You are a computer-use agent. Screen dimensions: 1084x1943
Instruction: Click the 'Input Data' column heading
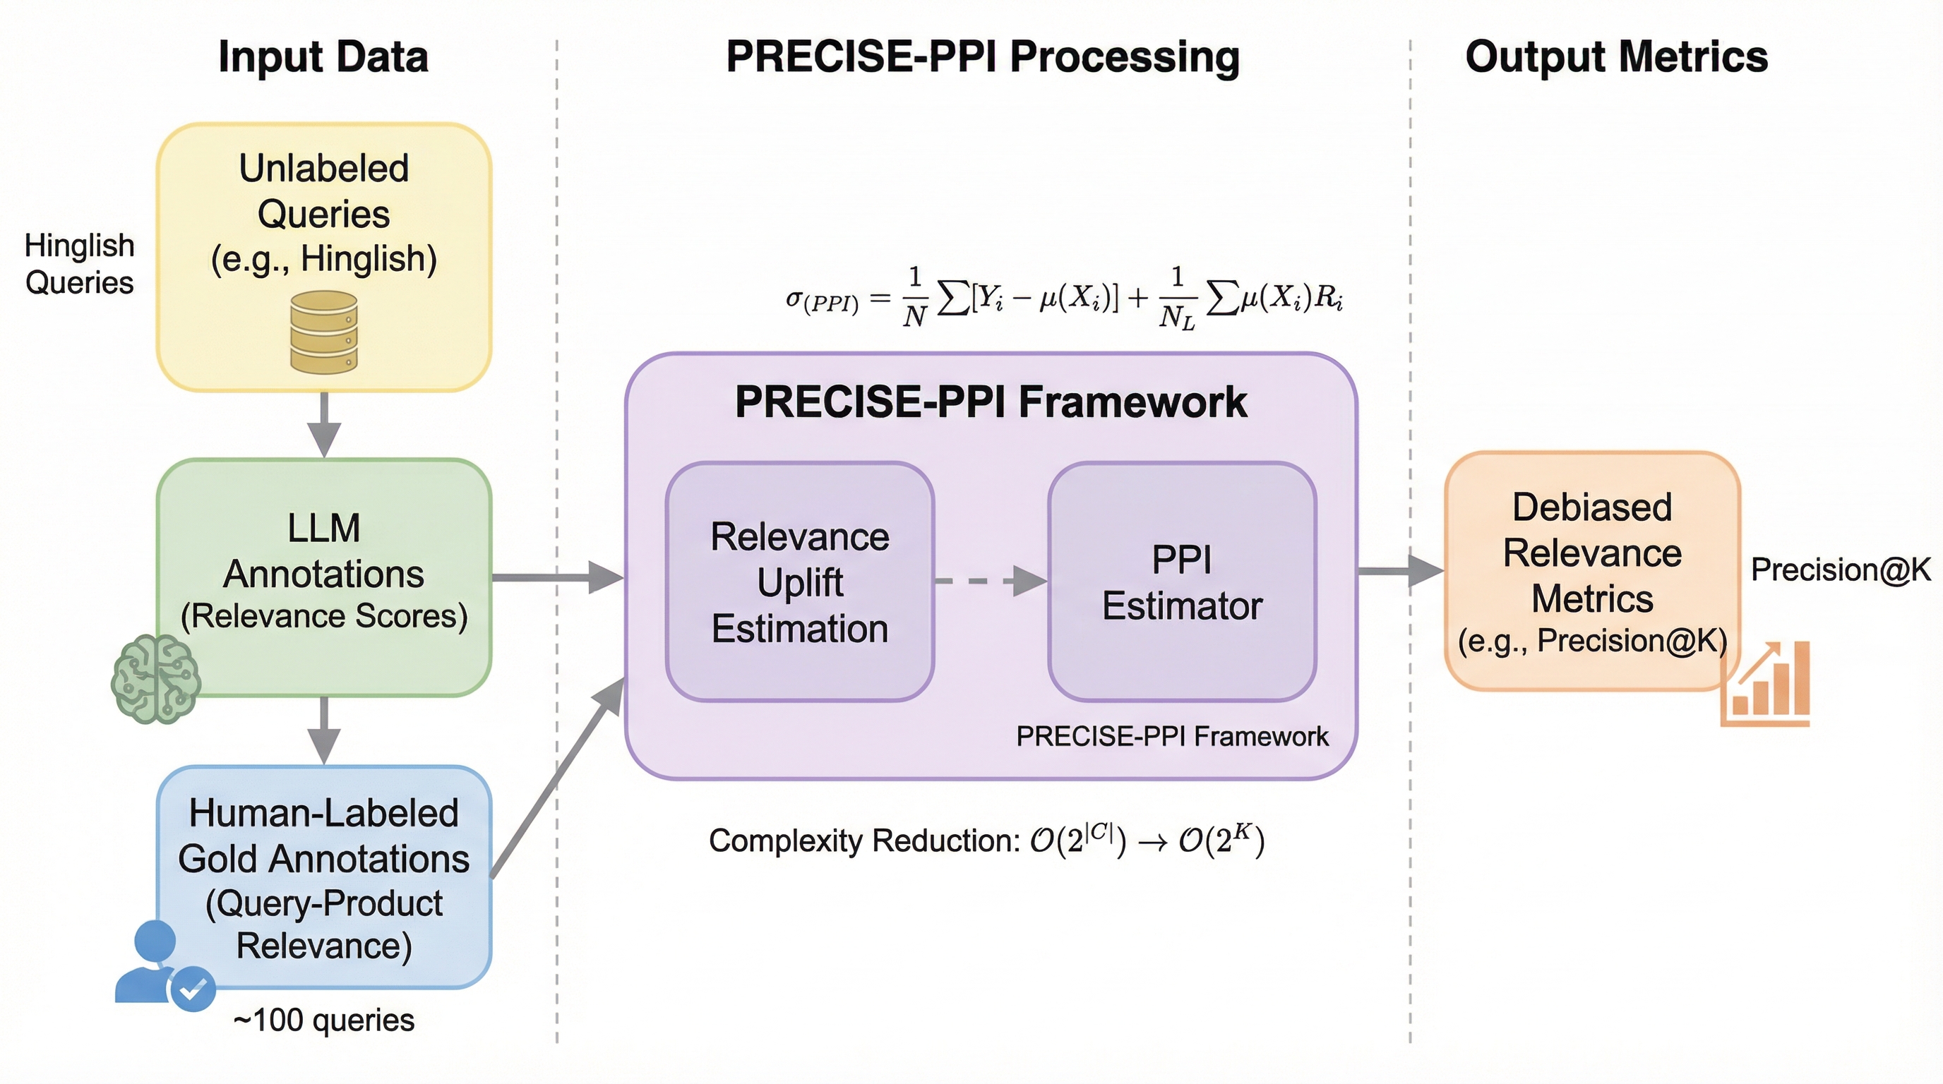coord(323,57)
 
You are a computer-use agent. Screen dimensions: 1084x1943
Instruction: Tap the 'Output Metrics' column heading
coord(1615,57)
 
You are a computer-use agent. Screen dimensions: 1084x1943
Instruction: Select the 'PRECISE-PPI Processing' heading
coord(982,57)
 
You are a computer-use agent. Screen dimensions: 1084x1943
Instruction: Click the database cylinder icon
coord(323,332)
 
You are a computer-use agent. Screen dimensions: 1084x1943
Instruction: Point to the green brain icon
coord(155,678)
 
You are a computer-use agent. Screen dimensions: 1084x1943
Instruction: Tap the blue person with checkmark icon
coord(163,965)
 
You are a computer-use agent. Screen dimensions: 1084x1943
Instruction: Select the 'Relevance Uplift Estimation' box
coord(799,582)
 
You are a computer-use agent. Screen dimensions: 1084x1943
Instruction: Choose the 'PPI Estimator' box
coord(1182,582)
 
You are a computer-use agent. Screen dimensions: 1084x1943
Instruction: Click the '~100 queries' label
coord(323,1020)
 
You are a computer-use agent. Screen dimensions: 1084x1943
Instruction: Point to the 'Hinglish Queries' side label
coord(79,264)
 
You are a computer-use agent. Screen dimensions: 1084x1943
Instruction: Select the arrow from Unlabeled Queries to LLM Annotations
coord(324,424)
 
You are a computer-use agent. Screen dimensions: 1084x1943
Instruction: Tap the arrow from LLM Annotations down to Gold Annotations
coord(324,730)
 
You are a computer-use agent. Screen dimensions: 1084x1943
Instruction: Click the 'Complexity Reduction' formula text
coord(986,840)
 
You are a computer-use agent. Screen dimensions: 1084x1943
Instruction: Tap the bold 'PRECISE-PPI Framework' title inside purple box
coord(991,402)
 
